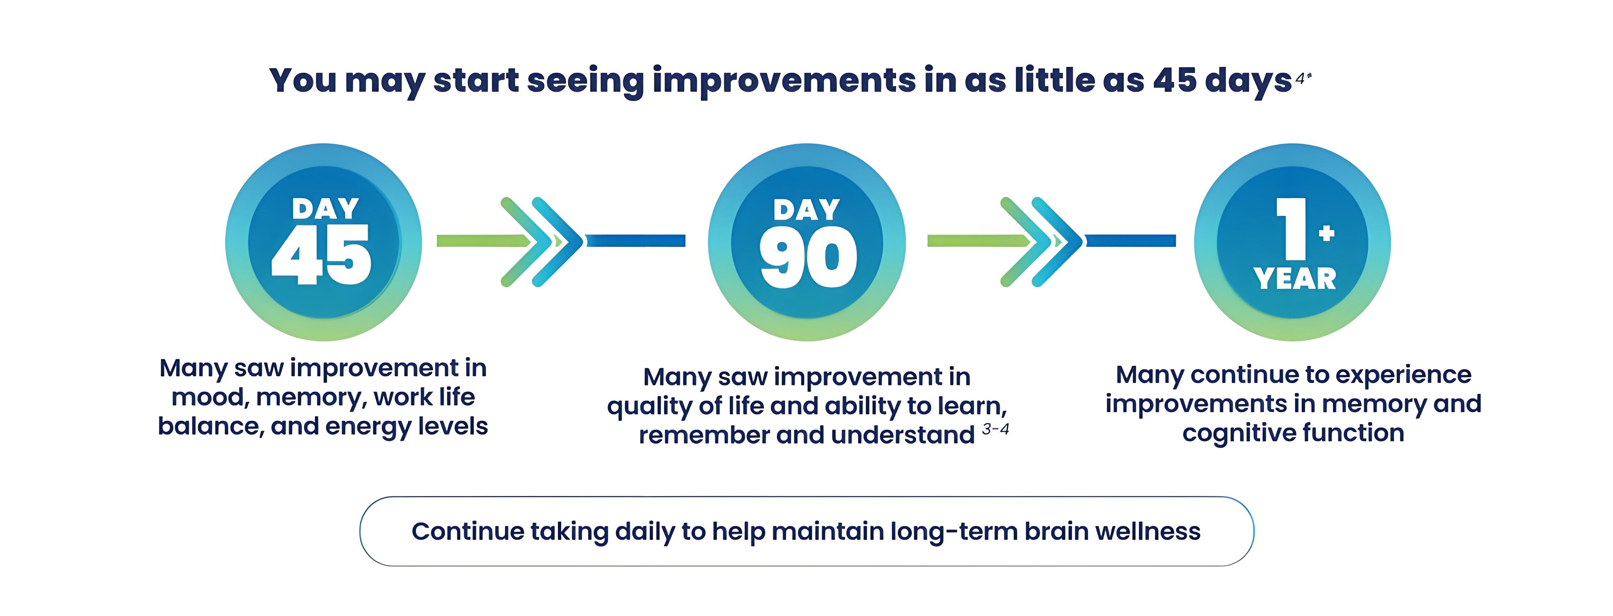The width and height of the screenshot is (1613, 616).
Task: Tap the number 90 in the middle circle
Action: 808,257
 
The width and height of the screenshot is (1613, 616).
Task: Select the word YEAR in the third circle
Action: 1294,278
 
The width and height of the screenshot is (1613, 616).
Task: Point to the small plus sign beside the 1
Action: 1326,233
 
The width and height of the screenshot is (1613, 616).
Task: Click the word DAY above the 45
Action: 326,208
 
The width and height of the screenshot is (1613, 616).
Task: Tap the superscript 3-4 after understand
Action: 996,429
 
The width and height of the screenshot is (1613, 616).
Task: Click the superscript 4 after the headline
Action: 1300,79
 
